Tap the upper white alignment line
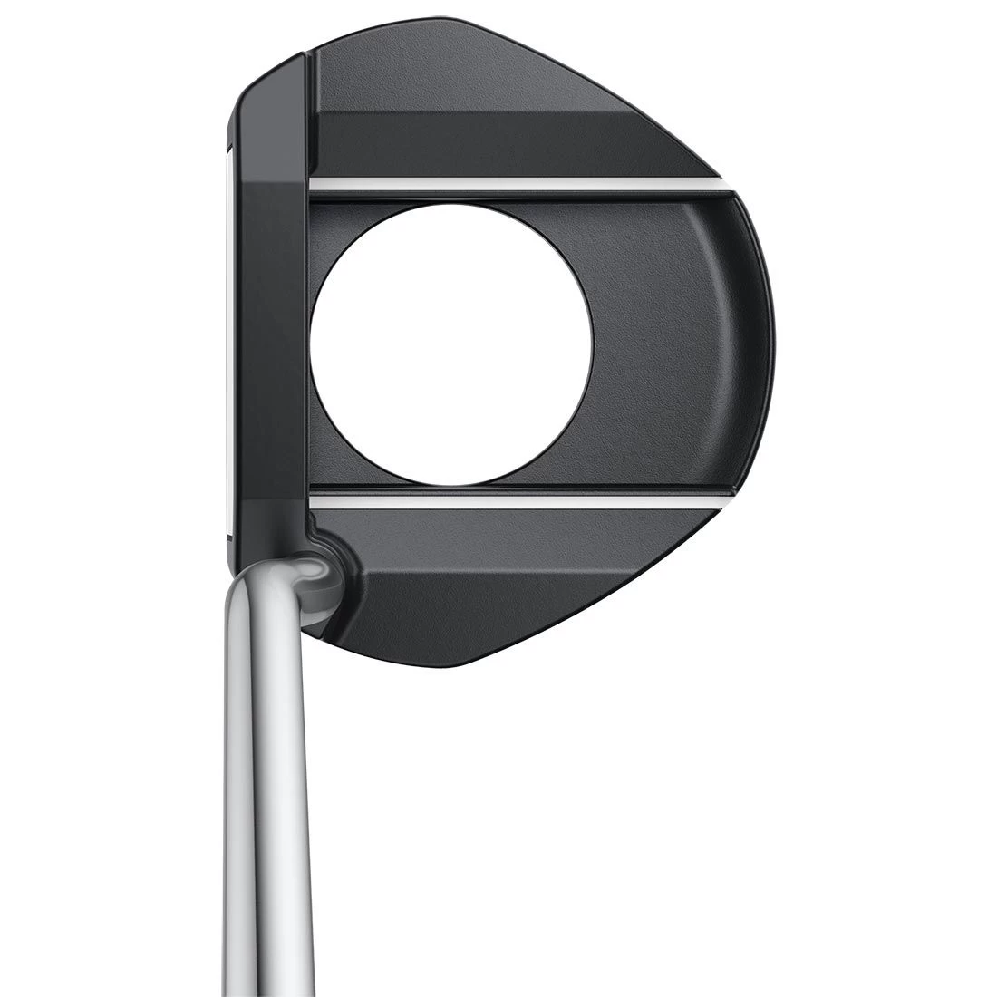click(x=517, y=184)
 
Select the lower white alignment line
click(x=517, y=501)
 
